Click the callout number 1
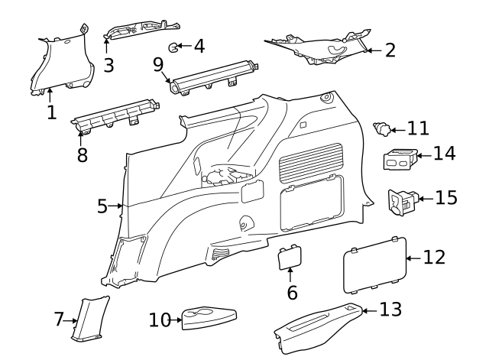(x=51, y=113)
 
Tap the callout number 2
(x=390, y=50)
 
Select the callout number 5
(x=102, y=206)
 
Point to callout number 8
(x=82, y=154)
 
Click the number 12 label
(x=433, y=258)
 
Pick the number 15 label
(x=446, y=197)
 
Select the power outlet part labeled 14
(x=402, y=160)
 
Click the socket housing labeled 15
(x=402, y=201)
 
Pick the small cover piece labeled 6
(x=290, y=258)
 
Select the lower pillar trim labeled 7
(x=90, y=317)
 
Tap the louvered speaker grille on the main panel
(x=310, y=162)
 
